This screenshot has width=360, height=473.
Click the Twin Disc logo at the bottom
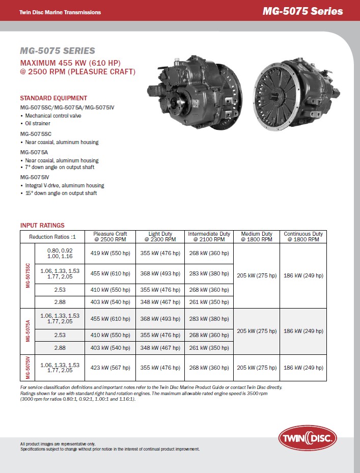(308, 437)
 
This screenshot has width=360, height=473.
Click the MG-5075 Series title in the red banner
(302, 11)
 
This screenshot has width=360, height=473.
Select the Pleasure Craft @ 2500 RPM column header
(110, 237)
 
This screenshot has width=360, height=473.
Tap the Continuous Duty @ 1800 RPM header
(303, 237)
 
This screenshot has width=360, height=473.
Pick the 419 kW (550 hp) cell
(110, 254)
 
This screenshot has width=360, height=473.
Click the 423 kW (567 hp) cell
(110, 368)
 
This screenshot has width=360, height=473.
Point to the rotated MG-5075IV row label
(27, 368)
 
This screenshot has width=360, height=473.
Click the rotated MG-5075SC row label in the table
(27, 276)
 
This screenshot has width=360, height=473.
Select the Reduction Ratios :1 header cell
(52, 237)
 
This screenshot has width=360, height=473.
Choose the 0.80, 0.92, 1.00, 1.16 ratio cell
(60, 254)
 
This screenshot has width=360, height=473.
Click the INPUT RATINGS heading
(42, 225)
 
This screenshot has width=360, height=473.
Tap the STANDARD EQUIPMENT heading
(53, 98)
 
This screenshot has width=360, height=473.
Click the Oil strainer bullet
(38, 123)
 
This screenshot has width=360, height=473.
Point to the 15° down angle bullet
(61, 193)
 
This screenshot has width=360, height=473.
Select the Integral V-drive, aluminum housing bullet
(64, 185)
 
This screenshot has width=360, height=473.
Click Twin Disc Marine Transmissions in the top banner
(60, 12)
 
